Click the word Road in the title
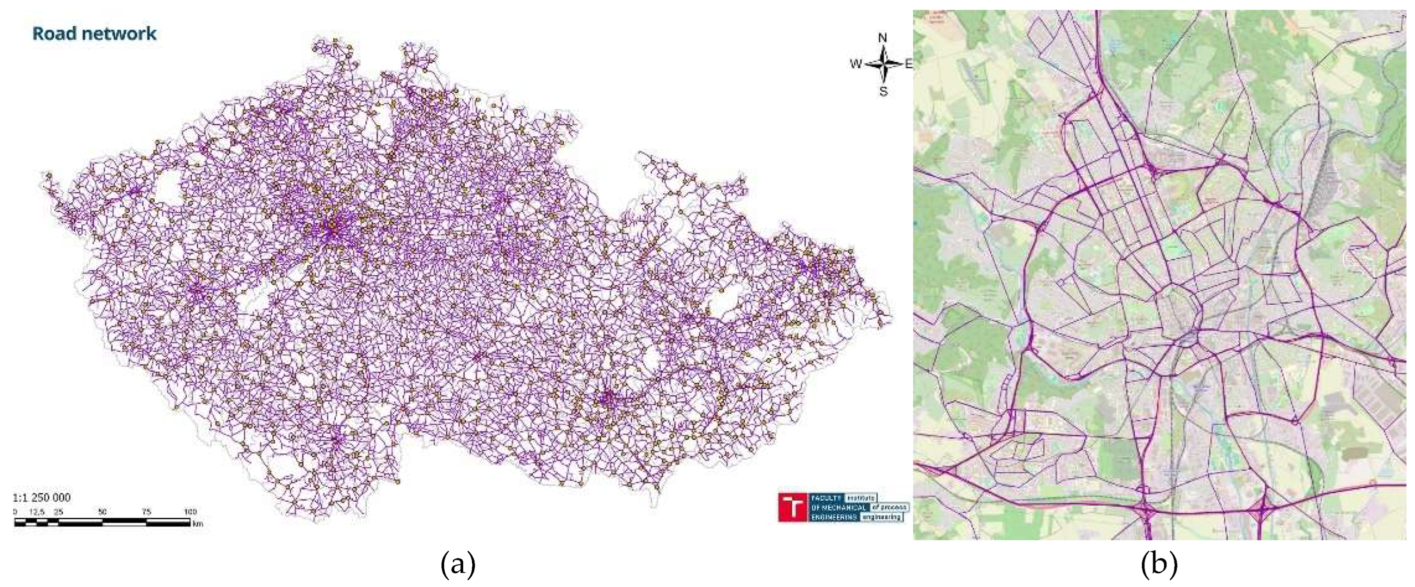[x=54, y=34]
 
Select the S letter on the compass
[x=883, y=92]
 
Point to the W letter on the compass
[x=856, y=64]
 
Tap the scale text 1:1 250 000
[x=42, y=497]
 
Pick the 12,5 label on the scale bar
[x=37, y=512]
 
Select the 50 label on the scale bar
[x=102, y=512]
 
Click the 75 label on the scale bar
[x=146, y=512]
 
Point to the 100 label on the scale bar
[x=190, y=512]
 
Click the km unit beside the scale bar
[x=198, y=524]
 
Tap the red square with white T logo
[x=793, y=507]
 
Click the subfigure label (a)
[x=458, y=564]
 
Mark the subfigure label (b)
[x=1159, y=564]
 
